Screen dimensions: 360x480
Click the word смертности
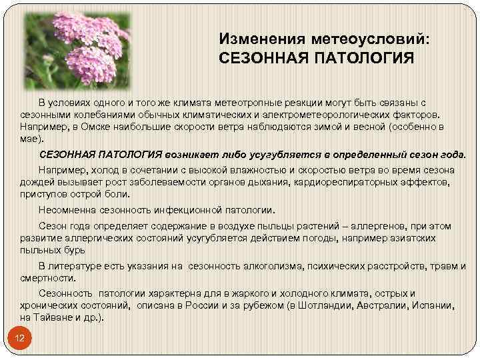tap(47, 278)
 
